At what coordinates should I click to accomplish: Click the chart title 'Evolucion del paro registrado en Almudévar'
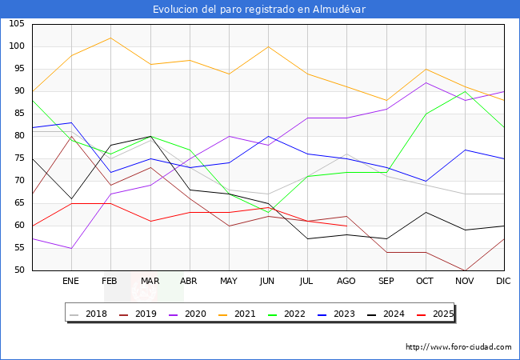(x=260, y=10)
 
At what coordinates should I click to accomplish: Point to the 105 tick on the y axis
(x=17, y=24)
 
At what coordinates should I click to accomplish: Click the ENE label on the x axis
(x=71, y=282)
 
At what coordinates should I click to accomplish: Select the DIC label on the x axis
(x=504, y=282)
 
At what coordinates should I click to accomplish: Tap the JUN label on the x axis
(x=268, y=282)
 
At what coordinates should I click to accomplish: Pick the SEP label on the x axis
(x=386, y=282)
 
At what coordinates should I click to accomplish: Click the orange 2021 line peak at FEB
(x=110, y=38)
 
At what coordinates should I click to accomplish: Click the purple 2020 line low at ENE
(x=71, y=248)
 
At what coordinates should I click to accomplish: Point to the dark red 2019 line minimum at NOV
(x=465, y=270)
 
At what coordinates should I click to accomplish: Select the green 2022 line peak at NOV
(x=465, y=91)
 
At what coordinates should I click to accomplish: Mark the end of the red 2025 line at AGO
(x=346, y=226)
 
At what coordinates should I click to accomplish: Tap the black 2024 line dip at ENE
(x=71, y=198)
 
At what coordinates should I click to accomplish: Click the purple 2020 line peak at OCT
(x=426, y=82)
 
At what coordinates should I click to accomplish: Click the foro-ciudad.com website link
(x=458, y=347)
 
